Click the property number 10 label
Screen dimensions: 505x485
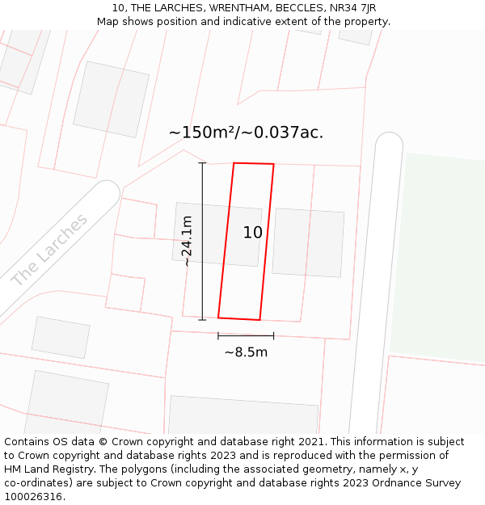click(x=253, y=233)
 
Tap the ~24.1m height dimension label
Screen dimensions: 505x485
click(x=188, y=241)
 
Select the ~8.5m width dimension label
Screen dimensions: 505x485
click(x=246, y=352)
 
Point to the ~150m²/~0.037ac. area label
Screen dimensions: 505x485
click(x=246, y=133)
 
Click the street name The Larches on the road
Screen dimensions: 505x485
click(x=50, y=250)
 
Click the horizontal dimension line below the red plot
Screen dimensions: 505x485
click(x=246, y=335)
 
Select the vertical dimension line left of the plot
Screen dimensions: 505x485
click(x=202, y=242)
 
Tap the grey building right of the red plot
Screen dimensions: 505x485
click(x=308, y=242)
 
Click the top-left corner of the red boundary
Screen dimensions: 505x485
click(x=234, y=163)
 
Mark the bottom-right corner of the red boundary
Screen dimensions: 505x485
click(x=259, y=320)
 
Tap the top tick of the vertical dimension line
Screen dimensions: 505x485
click(x=202, y=163)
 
